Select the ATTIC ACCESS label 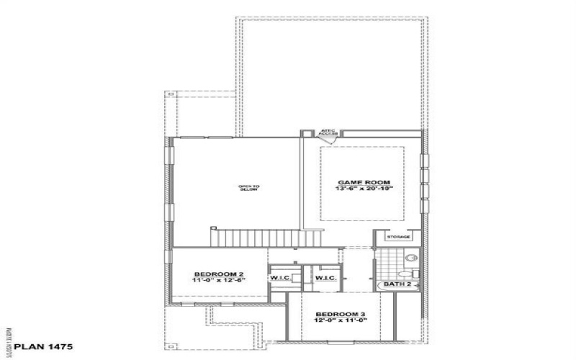pos(329,132)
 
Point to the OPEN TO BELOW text pos(249,188)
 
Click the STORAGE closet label pos(398,237)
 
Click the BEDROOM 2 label pos(220,274)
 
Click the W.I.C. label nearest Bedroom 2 pos(279,278)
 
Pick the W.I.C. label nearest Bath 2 pos(326,278)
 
